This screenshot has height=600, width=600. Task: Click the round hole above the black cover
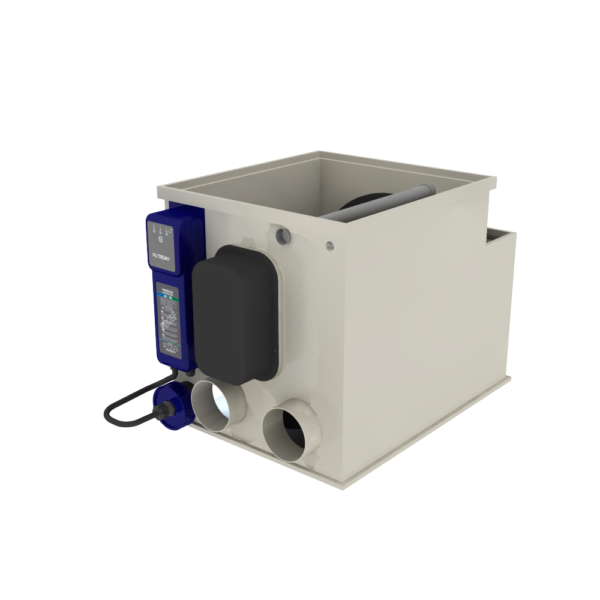pyautogui.click(x=284, y=234)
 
